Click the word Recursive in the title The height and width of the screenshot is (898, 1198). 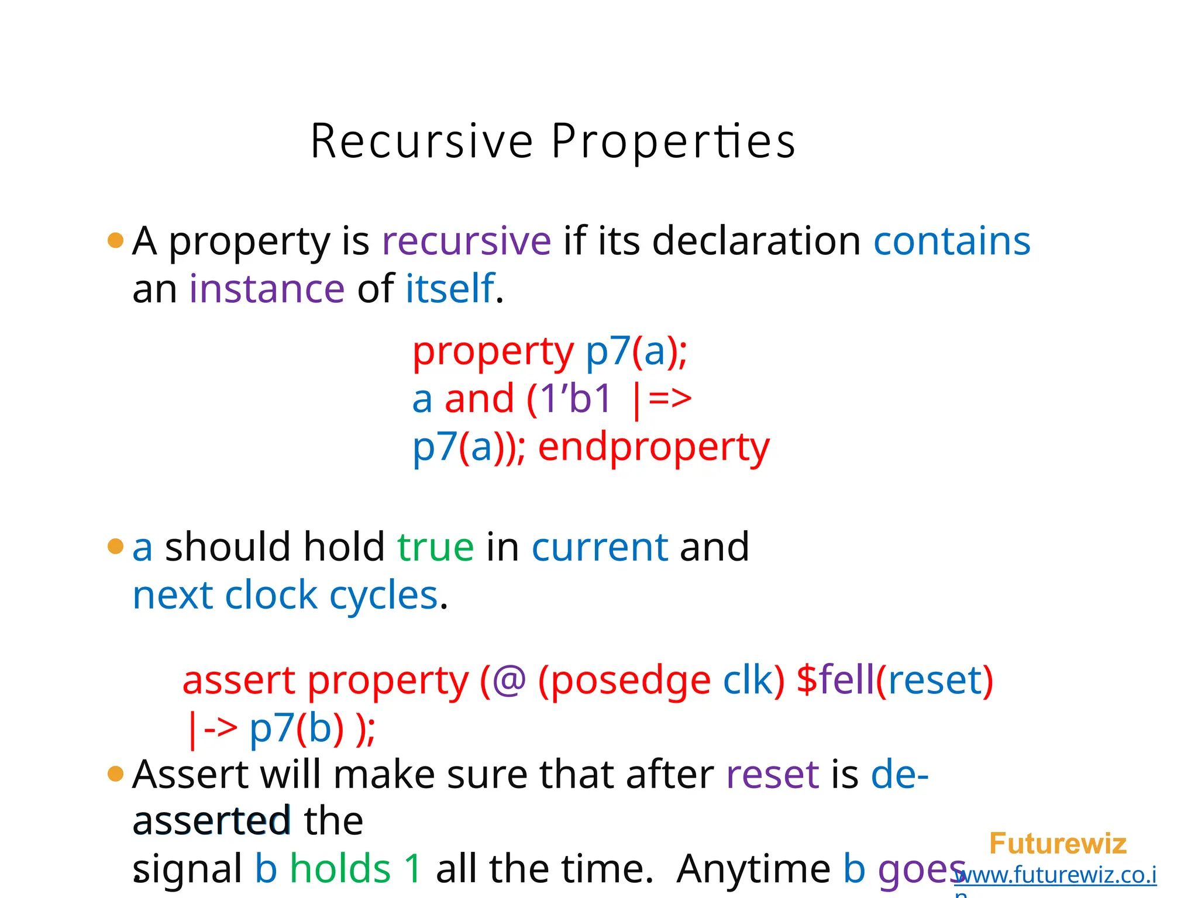click(x=421, y=141)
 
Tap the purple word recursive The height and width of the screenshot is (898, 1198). click(x=466, y=241)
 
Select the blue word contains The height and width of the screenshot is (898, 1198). click(x=952, y=241)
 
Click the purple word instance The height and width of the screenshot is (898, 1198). click(x=267, y=289)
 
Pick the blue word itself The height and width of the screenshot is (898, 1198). click(x=450, y=289)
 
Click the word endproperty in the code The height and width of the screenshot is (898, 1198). click(x=653, y=448)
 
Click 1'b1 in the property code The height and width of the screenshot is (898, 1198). click(x=576, y=400)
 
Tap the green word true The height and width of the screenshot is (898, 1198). click(x=435, y=548)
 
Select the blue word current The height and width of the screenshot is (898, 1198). click(x=600, y=548)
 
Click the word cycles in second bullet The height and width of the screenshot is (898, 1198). click(x=383, y=596)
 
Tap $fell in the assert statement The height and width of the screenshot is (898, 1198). click(x=835, y=681)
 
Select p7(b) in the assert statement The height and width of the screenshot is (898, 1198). click(x=297, y=729)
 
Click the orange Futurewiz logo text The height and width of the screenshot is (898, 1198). click(x=1057, y=844)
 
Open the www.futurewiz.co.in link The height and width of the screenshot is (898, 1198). click(x=1056, y=875)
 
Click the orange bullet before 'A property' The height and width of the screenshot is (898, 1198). click(x=116, y=240)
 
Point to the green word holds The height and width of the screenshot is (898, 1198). click(x=340, y=869)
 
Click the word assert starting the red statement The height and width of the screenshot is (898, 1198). click(x=239, y=681)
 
